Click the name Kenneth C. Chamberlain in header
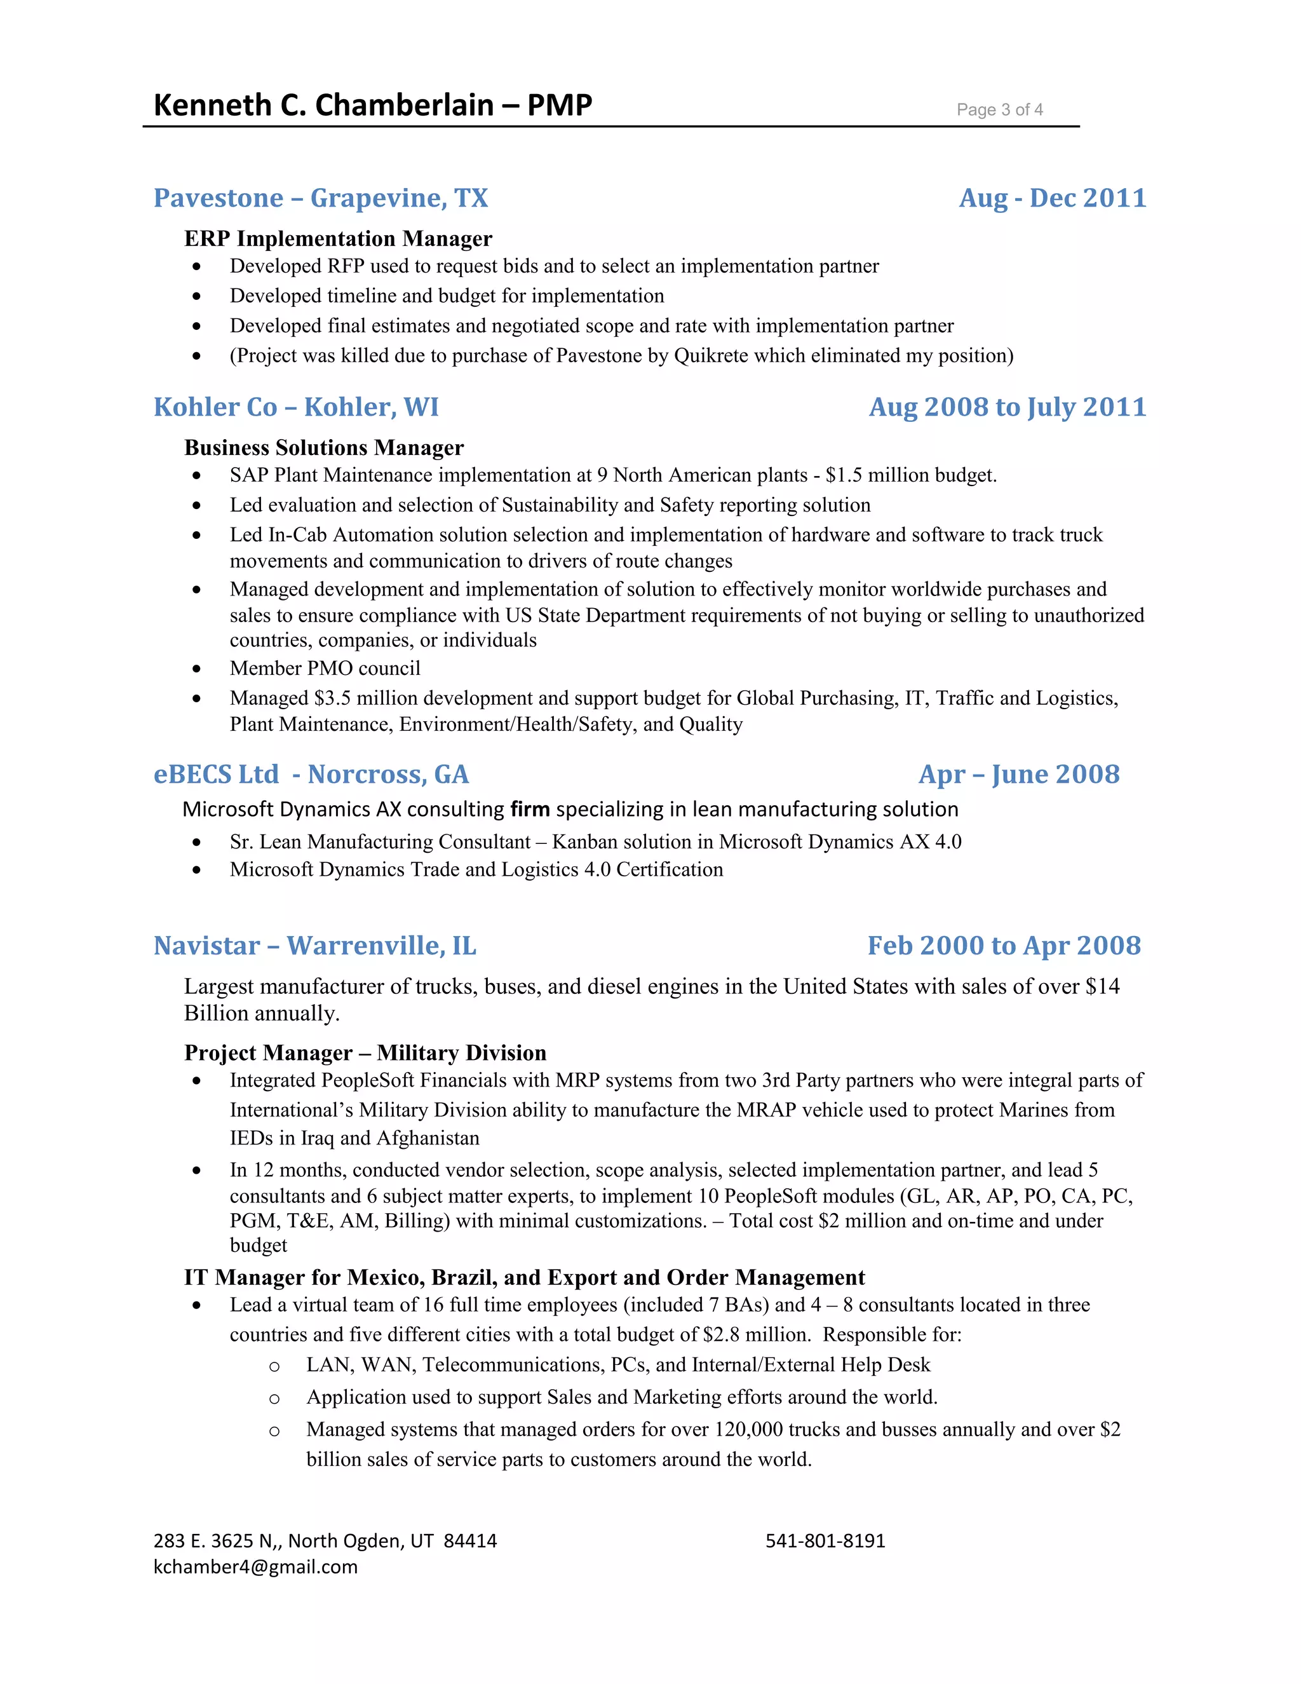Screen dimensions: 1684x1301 pos(324,105)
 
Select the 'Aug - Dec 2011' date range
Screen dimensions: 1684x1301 pos(1052,198)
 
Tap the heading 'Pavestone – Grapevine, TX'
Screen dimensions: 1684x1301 pos(321,198)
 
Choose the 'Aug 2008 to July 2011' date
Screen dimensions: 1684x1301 pos(1008,407)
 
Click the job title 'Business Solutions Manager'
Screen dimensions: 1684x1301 pos(324,447)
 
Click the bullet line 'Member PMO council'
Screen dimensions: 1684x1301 pos(325,668)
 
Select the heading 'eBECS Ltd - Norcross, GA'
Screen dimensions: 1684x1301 pos(311,774)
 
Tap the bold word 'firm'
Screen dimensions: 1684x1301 pos(530,809)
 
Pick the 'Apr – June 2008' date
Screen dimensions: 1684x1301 pos(1018,774)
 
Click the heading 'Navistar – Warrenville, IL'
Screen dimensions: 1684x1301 pos(314,946)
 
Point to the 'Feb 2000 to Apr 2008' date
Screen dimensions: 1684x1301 pos(1004,946)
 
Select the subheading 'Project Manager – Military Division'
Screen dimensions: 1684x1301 pos(365,1052)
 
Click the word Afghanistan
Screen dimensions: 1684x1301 pos(428,1138)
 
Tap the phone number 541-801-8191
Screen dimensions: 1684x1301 pos(825,1540)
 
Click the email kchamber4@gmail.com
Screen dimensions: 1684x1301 pos(255,1567)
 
